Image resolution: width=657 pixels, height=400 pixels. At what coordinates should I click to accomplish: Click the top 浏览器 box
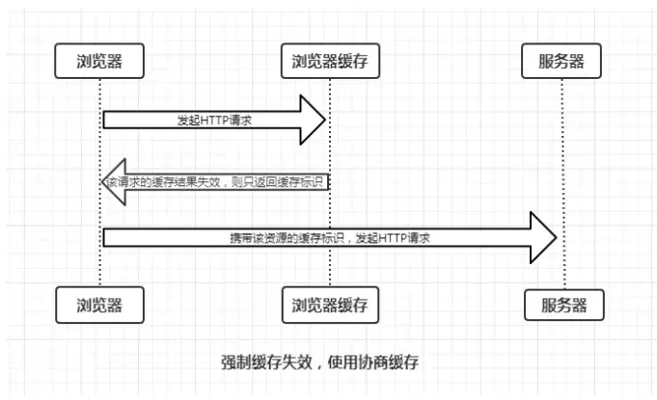tap(100, 62)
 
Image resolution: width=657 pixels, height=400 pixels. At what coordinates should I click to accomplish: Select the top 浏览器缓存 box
tap(330, 62)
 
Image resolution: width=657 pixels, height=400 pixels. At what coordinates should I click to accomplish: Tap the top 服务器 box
tap(562, 62)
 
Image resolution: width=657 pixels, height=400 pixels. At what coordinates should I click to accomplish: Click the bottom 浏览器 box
tap(100, 306)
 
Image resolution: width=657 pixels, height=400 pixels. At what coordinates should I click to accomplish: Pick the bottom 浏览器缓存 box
tap(330, 306)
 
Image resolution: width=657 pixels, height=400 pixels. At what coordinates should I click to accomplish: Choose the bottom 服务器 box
tap(564, 306)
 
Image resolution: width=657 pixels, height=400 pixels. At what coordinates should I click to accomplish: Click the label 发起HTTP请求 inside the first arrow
tap(214, 120)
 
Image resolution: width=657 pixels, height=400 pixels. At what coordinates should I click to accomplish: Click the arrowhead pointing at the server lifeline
tap(543, 237)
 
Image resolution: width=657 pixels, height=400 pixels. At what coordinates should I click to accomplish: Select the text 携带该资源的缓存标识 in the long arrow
tap(286, 237)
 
